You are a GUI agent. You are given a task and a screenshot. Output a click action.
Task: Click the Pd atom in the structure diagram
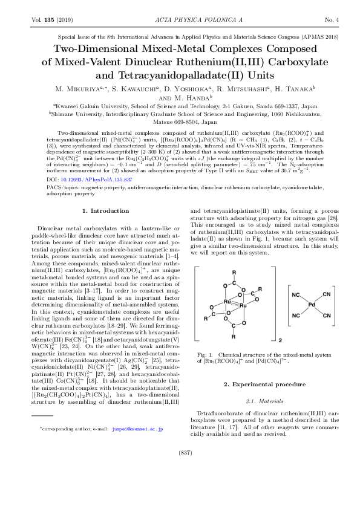[x=311, y=305]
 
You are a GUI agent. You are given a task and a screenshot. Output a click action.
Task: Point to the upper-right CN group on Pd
[x=327, y=294]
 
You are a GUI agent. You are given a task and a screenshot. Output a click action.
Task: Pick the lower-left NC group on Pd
[x=296, y=316]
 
